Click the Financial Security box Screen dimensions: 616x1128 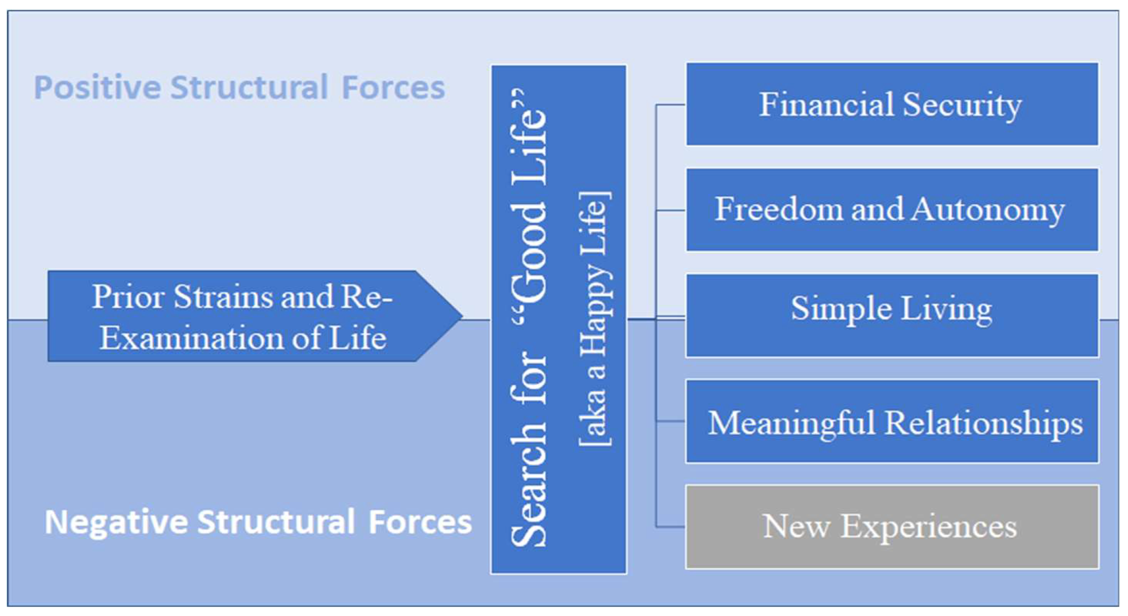(892, 105)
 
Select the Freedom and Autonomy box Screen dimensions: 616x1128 (892, 210)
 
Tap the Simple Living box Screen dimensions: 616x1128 (892, 316)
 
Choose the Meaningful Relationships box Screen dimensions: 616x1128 (892, 421)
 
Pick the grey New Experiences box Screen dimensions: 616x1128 (892, 527)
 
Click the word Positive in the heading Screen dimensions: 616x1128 (97, 88)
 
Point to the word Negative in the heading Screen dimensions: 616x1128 (115, 522)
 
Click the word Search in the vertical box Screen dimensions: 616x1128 (529, 498)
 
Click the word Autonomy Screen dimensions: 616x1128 (988, 210)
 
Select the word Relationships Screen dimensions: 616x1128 (984, 423)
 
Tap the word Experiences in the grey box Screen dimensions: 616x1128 (929, 527)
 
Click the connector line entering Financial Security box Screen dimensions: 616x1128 (671, 105)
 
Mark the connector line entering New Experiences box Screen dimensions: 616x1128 (671, 527)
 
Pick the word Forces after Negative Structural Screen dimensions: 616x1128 (420, 522)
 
